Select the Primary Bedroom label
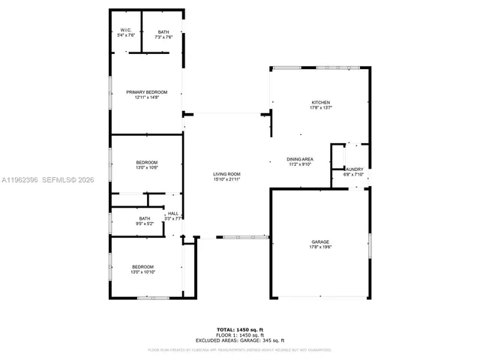(x=146, y=92)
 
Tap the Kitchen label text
(x=321, y=102)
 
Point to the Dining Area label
(x=300, y=159)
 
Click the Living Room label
(x=226, y=174)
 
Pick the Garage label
(x=320, y=241)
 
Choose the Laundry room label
(x=354, y=169)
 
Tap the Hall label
(x=172, y=213)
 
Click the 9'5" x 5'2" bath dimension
(x=144, y=223)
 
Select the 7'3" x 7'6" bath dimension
(x=163, y=37)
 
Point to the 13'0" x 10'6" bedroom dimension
(x=146, y=168)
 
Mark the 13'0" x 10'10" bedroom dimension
(x=142, y=272)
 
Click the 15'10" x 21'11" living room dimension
(x=226, y=179)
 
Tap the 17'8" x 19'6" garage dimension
(x=320, y=247)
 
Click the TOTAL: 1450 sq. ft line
(x=240, y=329)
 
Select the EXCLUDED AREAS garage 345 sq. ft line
(x=240, y=340)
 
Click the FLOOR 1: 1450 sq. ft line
(x=240, y=334)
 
